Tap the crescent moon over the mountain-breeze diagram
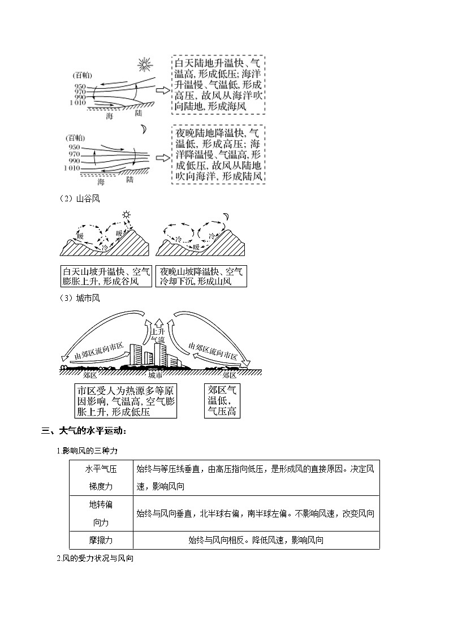point(226,216)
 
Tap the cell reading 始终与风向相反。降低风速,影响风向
point(256,540)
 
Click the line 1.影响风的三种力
point(87,450)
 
